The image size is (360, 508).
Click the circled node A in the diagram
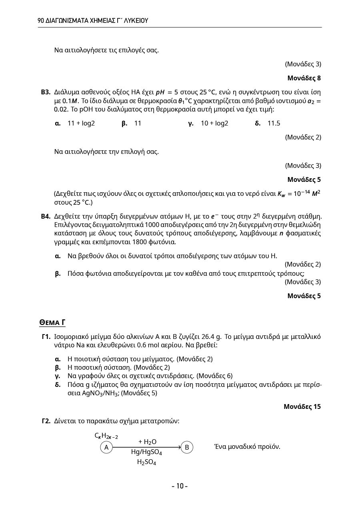coord(106,447)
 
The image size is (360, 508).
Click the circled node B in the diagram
coord(187,447)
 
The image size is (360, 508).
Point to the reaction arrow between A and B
coord(146,447)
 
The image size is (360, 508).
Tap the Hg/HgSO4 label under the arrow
coord(146,452)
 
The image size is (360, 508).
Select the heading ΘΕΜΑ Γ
coord(52,323)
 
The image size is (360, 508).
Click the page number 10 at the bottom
coord(180,486)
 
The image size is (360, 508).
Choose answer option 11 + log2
coord(81,123)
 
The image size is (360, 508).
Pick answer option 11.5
coord(274,123)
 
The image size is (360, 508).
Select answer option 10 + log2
coord(214,123)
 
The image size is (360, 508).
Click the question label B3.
coord(46,92)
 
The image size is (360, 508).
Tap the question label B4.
coord(46,216)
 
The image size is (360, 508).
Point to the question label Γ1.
coord(46,337)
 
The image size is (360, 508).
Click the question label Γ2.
coord(46,421)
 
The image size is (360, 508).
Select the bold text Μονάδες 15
coord(302,406)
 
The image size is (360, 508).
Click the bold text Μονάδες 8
coord(304,78)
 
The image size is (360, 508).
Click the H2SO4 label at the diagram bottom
coord(146,462)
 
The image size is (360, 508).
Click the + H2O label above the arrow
coord(147,442)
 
